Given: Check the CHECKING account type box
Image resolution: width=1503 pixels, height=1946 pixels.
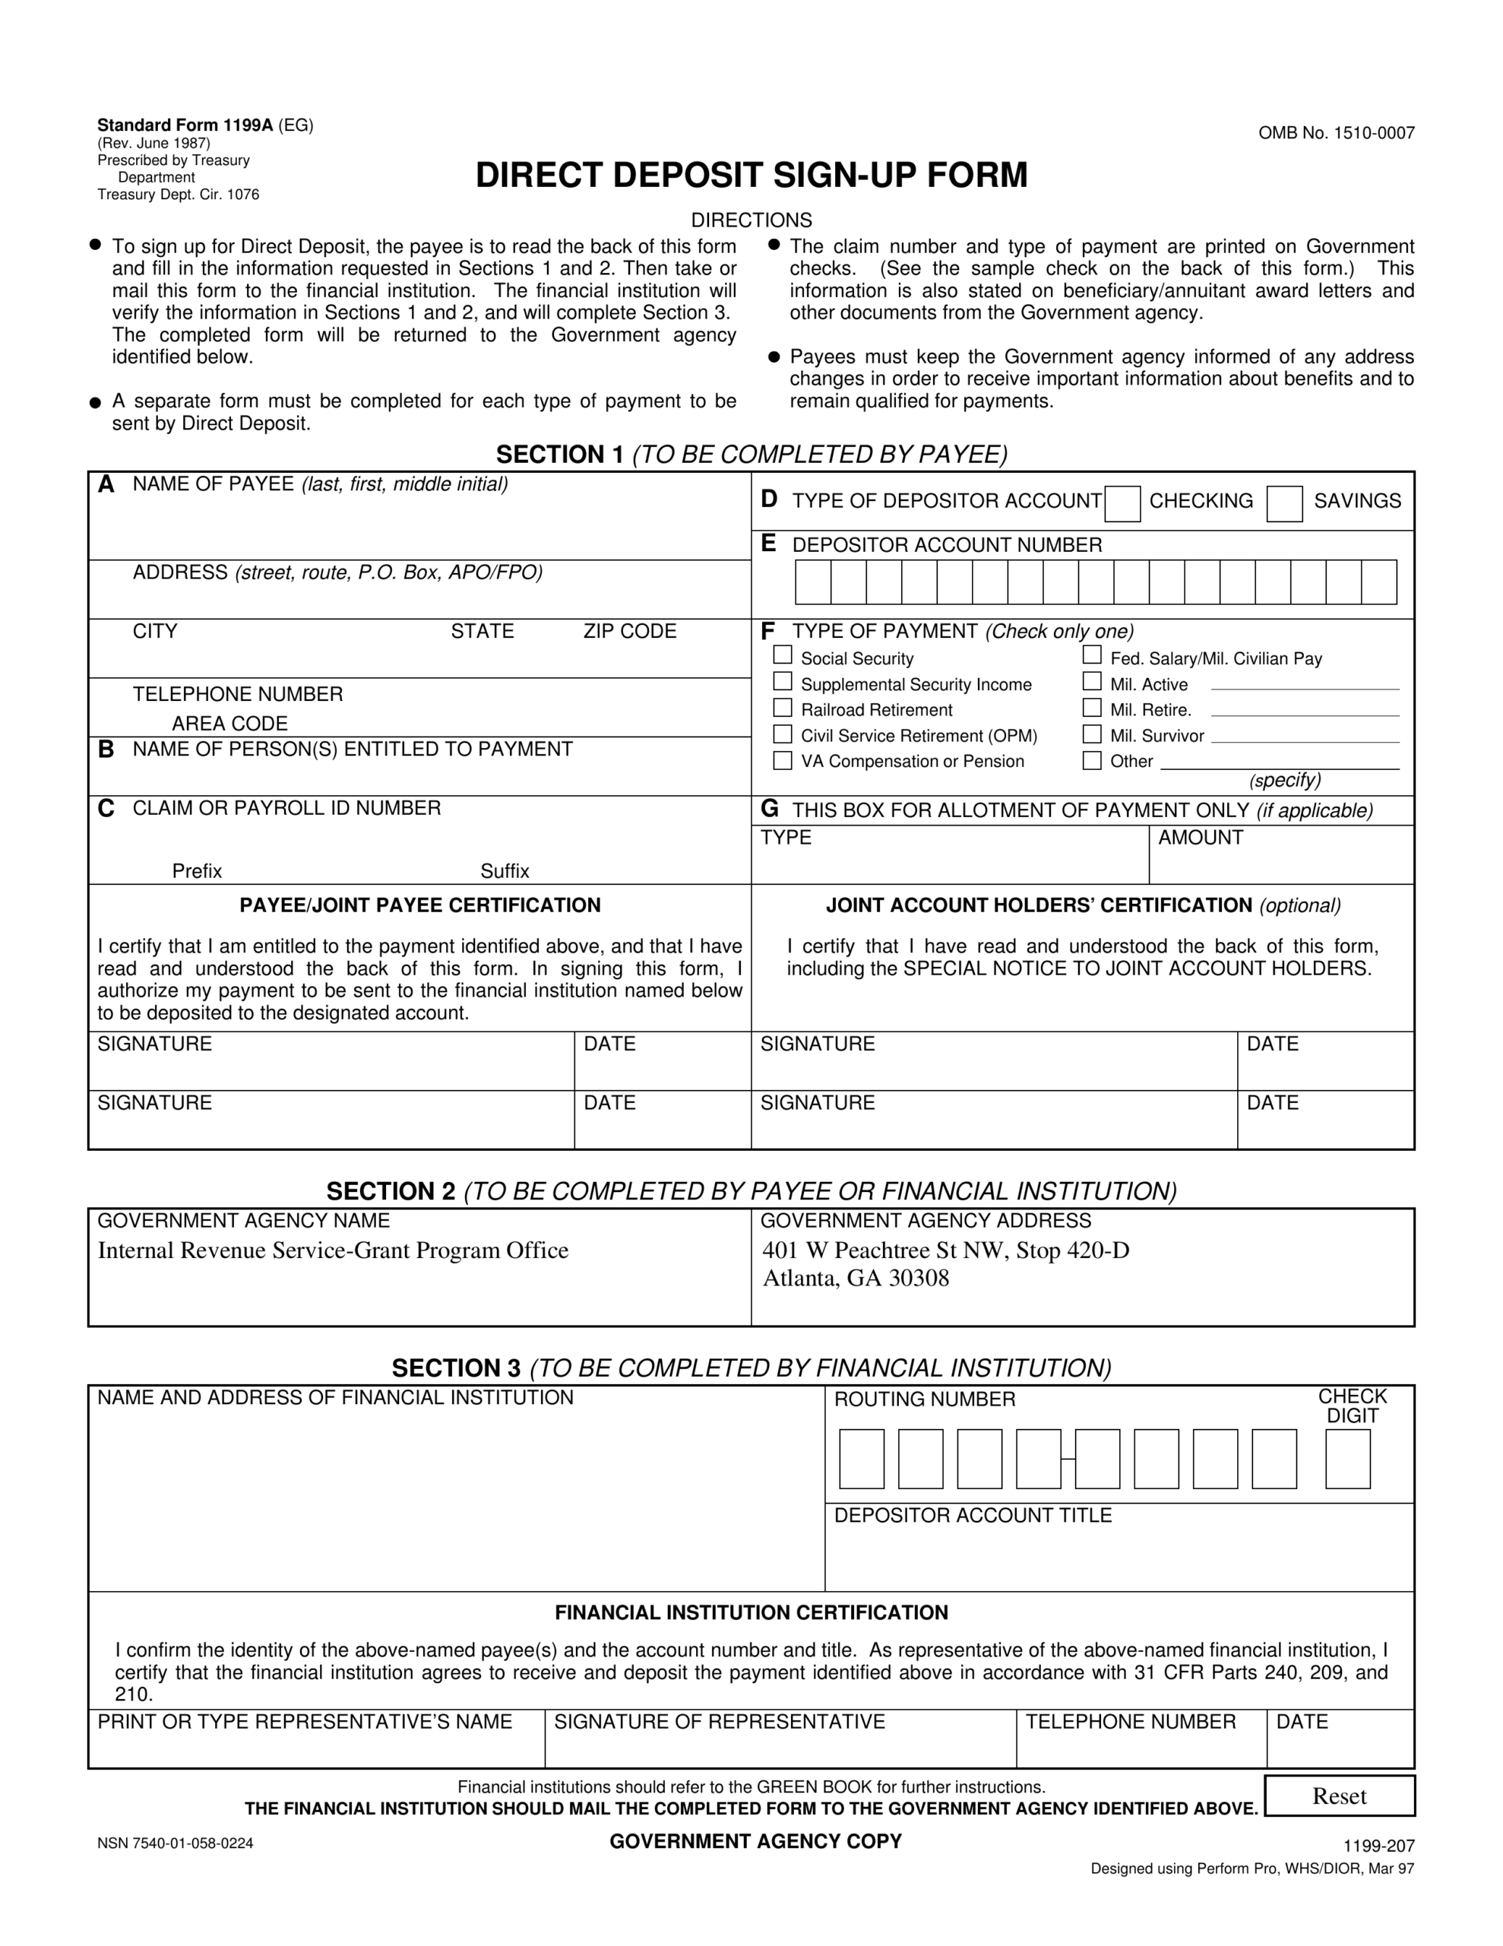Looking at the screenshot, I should click(1122, 504).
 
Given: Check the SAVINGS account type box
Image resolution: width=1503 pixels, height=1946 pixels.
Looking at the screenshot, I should click(1284, 504).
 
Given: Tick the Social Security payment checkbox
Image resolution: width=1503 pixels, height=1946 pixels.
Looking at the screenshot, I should click(782, 655).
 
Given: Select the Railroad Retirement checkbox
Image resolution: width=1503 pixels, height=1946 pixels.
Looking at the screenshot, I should click(782, 708).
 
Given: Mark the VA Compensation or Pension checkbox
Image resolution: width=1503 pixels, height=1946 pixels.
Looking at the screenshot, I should click(782, 760).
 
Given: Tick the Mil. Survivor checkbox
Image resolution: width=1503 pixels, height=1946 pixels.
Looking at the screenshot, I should click(1091, 734).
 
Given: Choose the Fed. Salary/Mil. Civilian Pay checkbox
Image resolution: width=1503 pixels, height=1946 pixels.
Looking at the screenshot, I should click(1091, 655).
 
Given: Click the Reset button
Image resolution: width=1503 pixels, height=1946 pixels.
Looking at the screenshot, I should click(1338, 1795).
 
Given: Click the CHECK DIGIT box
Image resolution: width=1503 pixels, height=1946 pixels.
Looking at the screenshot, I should click(1347, 1459).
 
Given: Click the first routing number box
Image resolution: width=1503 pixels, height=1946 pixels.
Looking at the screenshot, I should click(862, 1459).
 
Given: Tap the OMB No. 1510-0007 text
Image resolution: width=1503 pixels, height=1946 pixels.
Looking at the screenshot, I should click(1336, 134).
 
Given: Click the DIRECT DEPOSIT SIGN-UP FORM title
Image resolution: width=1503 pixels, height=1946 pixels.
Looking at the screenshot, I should click(751, 176).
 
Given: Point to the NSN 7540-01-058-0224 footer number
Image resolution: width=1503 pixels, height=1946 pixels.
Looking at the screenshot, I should click(176, 1843).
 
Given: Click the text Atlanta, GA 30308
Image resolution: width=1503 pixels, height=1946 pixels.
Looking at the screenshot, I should click(856, 1279).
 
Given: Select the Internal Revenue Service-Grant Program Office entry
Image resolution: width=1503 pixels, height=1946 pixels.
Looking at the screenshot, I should click(332, 1251).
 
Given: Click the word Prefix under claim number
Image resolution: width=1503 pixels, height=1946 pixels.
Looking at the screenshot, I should click(197, 870).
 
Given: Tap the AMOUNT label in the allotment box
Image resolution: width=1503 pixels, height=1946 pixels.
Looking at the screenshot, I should click(1199, 838).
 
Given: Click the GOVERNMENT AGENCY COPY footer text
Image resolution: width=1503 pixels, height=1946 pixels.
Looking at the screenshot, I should click(755, 1841).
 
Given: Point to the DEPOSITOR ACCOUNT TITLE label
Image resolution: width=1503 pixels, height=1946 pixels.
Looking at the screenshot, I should click(972, 1516).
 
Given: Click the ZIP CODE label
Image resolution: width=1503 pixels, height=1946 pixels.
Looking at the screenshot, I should click(629, 631).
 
